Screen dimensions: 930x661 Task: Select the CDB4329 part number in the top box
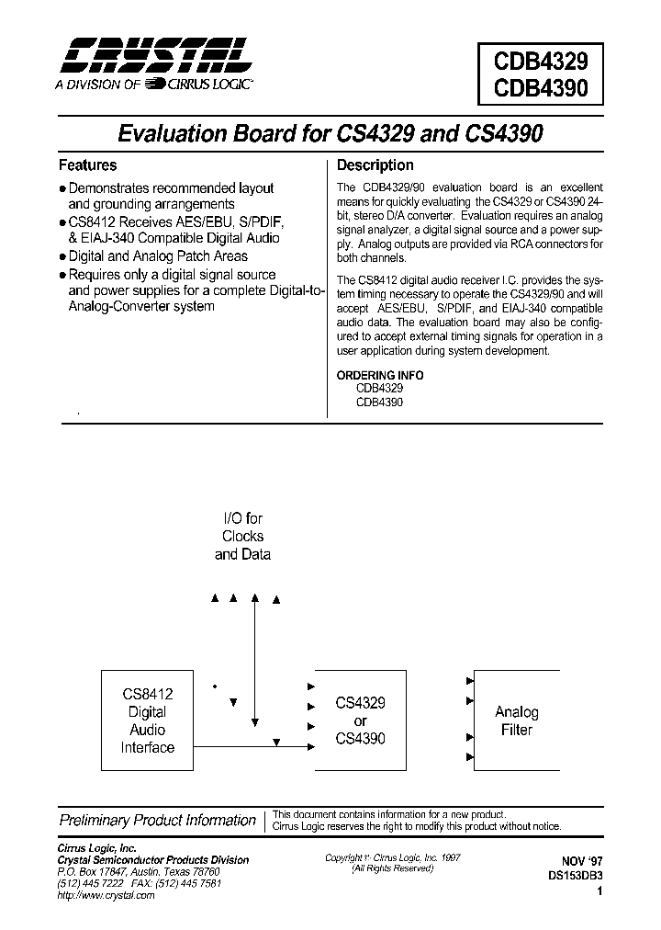(x=541, y=62)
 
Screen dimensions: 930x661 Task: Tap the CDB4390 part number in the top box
(x=541, y=92)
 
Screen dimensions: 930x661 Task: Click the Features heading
(x=88, y=165)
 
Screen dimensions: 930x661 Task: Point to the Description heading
(x=375, y=165)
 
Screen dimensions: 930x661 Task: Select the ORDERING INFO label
(x=380, y=375)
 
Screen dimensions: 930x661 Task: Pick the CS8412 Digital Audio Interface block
(x=147, y=721)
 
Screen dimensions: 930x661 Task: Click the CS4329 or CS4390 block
(x=360, y=720)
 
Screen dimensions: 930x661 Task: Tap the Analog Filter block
(x=516, y=720)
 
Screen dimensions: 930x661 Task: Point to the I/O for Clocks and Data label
(x=242, y=537)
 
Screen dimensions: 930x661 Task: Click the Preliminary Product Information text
(x=157, y=820)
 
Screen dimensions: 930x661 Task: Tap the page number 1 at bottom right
(x=599, y=890)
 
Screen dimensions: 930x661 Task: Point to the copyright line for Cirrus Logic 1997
(x=393, y=857)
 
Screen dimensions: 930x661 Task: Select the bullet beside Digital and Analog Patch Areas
(x=62, y=257)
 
